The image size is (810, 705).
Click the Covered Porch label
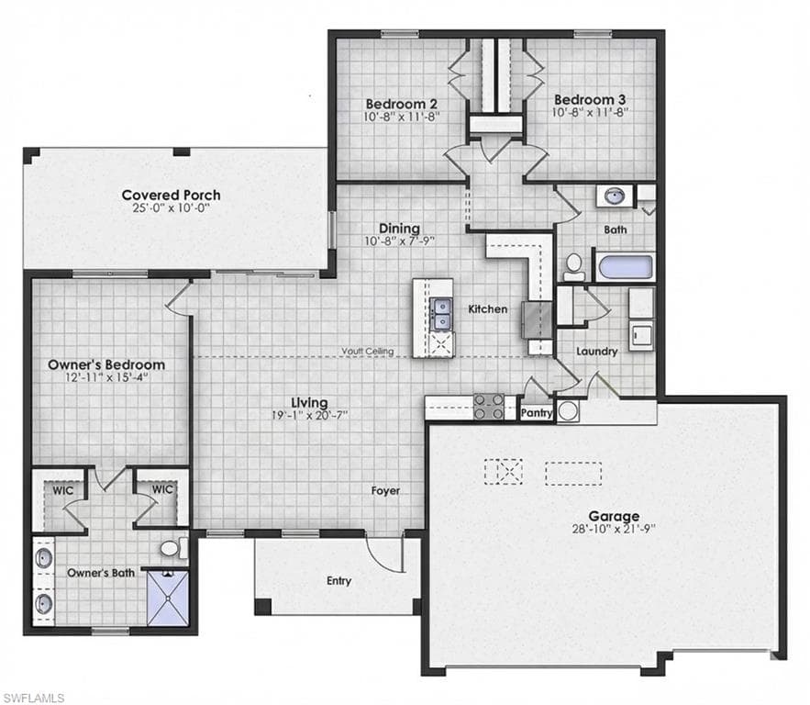(171, 195)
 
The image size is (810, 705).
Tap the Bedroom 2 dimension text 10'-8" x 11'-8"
(402, 117)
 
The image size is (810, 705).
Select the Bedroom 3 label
(590, 99)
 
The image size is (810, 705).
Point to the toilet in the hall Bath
(573, 267)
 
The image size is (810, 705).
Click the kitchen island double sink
(441, 314)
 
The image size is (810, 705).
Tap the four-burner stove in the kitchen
(489, 407)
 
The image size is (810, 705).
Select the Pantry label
(537, 413)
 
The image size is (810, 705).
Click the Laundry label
(596, 352)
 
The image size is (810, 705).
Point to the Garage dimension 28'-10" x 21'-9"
(614, 529)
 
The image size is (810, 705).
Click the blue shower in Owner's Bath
(168, 598)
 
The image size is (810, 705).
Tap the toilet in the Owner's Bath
(173, 548)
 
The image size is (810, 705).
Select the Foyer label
(385, 490)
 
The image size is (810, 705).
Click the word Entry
(338, 581)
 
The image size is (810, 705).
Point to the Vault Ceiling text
(367, 352)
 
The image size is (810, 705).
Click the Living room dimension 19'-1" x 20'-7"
(309, 415)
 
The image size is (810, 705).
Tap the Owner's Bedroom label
(106, 364)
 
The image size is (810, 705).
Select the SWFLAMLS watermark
(32, 698)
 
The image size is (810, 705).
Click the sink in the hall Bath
(615, 196)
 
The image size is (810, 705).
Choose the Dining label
(399, 228)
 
